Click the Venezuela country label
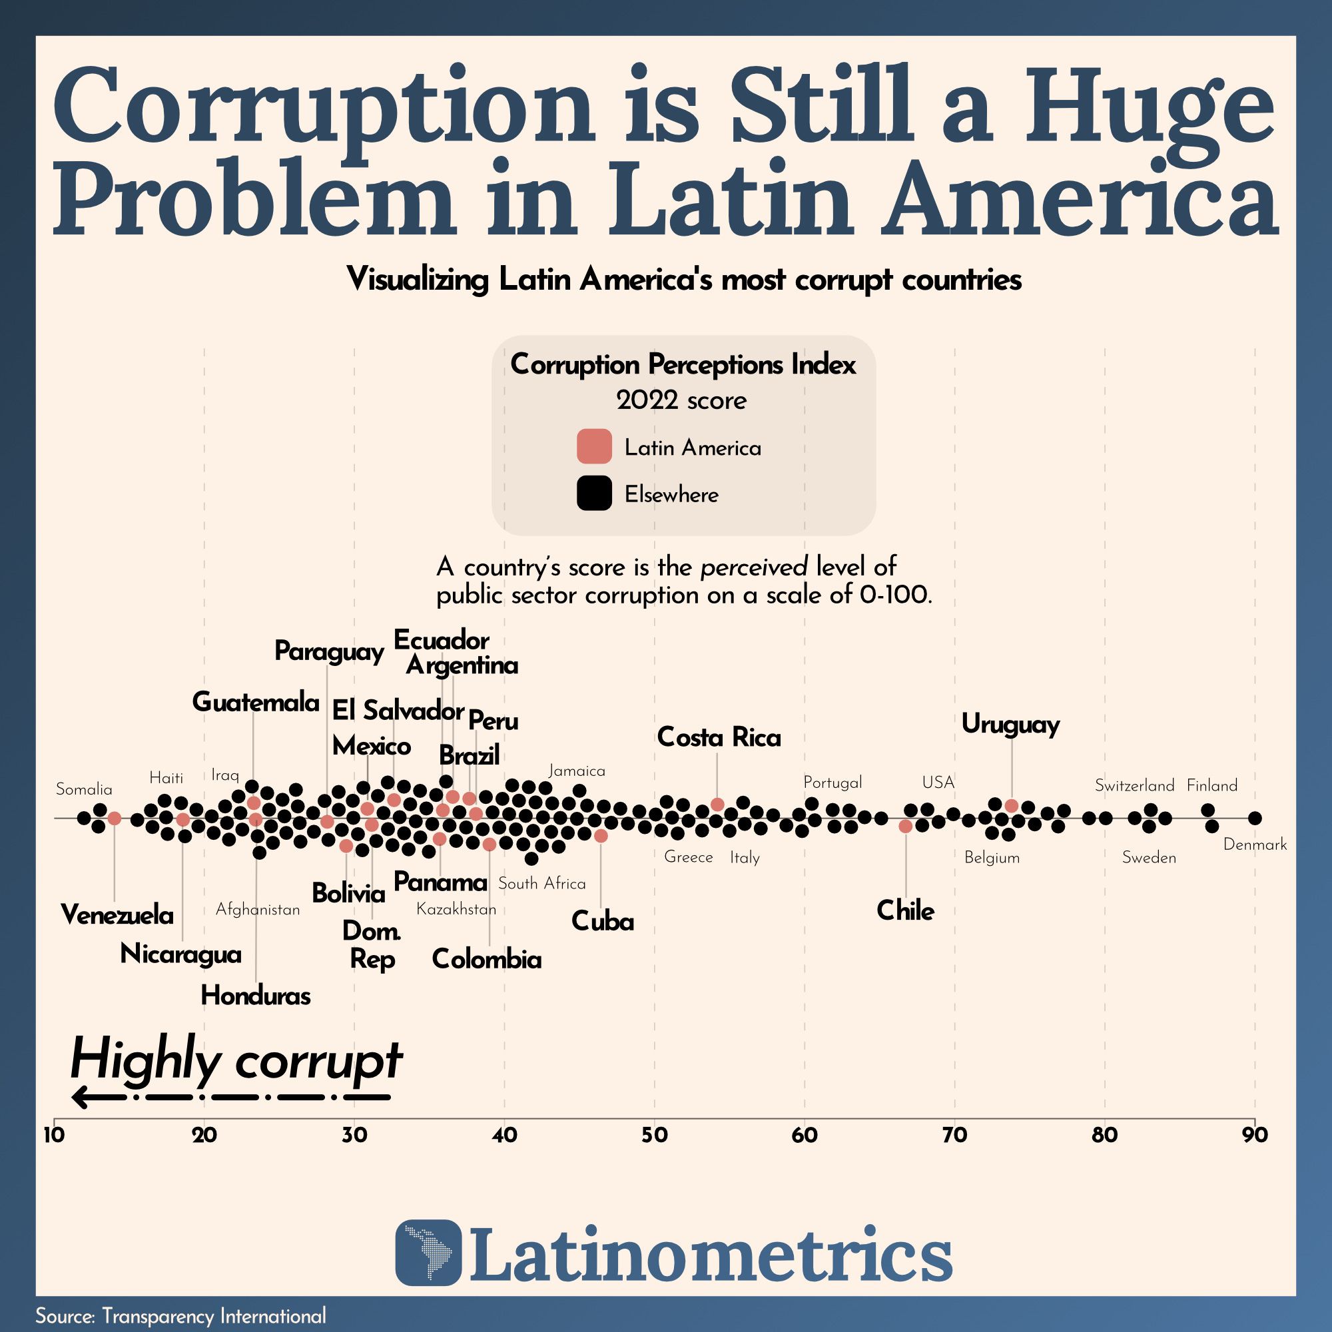click(x=117, y=916)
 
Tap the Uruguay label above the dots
click(x=1011, y=725)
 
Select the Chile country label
click(x=905, y=910)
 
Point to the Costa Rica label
click(x=719, y=738)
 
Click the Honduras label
click(x=256, y=996)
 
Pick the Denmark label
click(x=1255, y=844)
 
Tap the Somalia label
click(x=84, y=789)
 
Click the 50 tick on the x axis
click(x=654, y=1135)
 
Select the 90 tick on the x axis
click(x=1255, y=1135)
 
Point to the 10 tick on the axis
click(x=54, y=1135)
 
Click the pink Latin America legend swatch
click(x=594, y=446)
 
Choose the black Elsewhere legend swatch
click(x=594, y=493)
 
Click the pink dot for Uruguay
click(x=1012, y=806)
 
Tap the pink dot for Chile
click(x=906, y=826)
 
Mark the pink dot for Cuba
click(x=601, y=836)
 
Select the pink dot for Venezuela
click(x=115, y=819)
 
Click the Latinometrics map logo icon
click(x=428, y=1253)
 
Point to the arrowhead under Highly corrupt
click(x=80, y=1097)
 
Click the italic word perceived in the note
click(x=753, y=567)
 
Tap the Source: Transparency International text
click(x=180, y=1315)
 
